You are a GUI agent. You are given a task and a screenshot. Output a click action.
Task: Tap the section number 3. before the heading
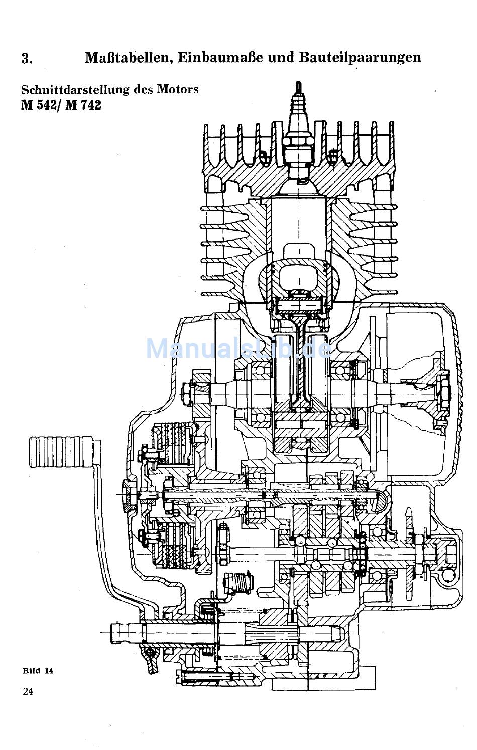(x=27, y=59)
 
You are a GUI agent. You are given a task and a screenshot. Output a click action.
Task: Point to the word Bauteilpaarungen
(x=360, y=58)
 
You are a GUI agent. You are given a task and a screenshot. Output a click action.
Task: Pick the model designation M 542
(x=39, y=105)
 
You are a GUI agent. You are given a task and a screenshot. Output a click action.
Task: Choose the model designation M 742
(x=83, y=105)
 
